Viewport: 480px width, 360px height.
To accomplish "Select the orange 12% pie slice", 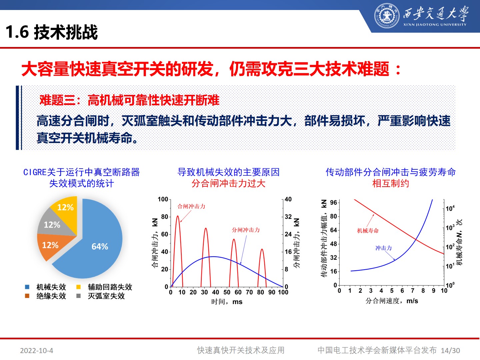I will tap(50, 246).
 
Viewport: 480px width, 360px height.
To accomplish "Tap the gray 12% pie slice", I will tap(53, 224).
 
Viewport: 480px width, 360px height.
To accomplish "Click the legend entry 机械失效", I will tap(51, 287).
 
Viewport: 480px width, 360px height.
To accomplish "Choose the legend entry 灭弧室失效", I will tap(106, 296).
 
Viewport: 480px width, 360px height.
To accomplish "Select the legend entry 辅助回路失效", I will tap(110, 287).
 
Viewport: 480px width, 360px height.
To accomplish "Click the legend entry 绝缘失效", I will tap(51, 296).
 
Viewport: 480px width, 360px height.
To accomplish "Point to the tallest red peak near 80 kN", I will tap(177, 217).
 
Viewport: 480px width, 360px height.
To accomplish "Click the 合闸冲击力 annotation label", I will tap(191, 206).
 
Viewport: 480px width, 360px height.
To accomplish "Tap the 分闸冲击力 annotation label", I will tap(246, 230).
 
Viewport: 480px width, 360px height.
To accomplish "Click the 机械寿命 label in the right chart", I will tap(368, 231).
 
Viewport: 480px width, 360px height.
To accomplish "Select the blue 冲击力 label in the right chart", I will tap(383, 248).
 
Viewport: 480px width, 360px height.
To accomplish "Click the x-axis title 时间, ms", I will tap(227, 302).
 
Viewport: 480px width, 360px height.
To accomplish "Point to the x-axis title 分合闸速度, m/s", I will tap(392, 301).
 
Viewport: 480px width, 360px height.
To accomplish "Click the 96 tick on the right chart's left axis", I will tap(334, 203).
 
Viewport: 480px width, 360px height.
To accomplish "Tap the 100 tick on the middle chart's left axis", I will tap(163, 199).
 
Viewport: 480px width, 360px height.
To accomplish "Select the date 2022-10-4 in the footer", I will tap(37, 351).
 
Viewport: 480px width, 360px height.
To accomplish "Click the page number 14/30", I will tap(450, 351).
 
